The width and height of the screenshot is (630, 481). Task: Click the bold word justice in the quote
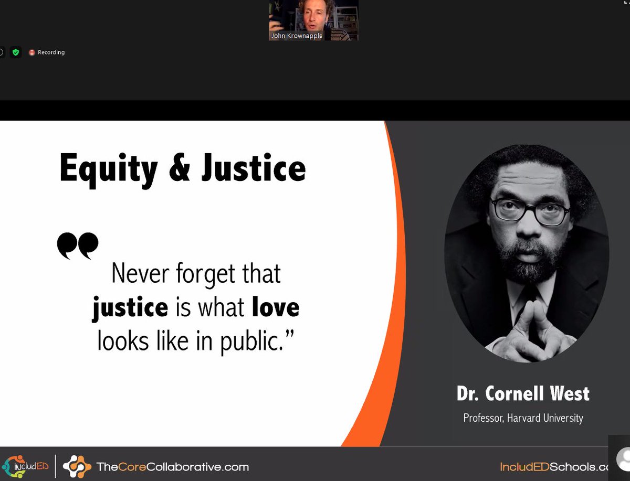point(130,307)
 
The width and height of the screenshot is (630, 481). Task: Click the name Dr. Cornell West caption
point(523,393)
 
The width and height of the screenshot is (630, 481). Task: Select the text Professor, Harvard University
point(523,418)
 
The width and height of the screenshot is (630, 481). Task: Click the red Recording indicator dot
point(32,52)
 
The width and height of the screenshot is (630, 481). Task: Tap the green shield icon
point(16,52)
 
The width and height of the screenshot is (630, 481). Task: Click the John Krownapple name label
point(296,36)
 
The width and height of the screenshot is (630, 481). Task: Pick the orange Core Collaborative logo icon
point(77,466)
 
